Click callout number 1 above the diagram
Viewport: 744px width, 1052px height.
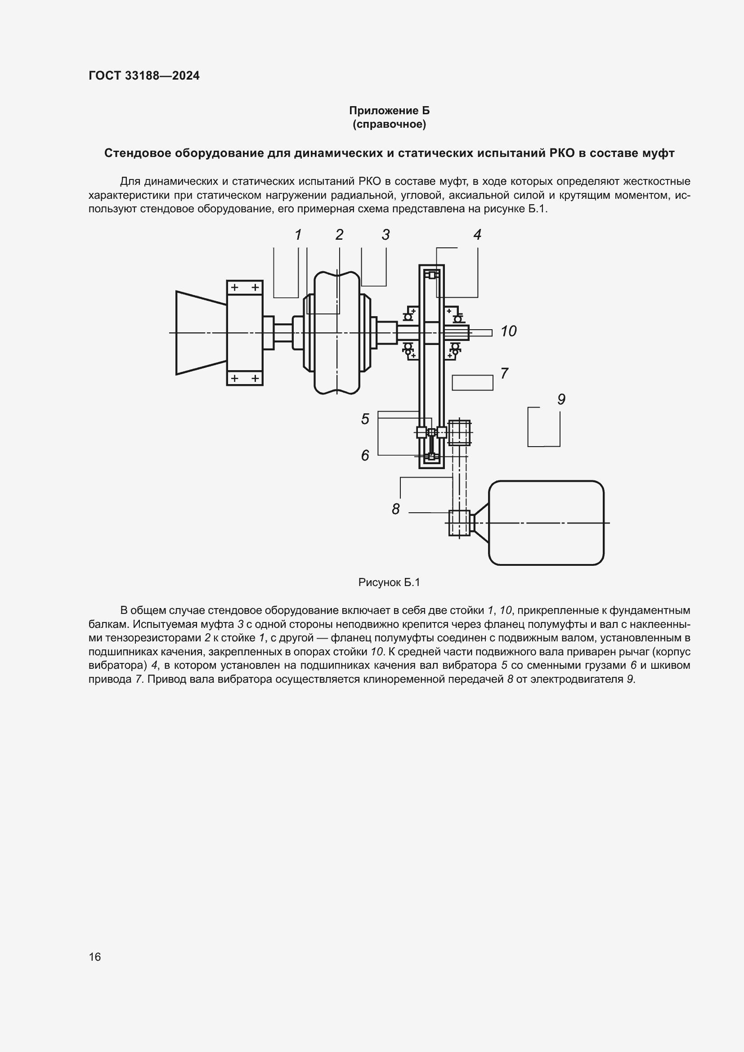298,235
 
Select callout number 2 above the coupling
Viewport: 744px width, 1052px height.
339,235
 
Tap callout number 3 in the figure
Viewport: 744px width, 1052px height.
386,235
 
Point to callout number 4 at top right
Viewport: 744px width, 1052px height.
477,235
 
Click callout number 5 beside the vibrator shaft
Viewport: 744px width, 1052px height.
365,419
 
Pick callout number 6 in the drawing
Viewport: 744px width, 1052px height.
365,456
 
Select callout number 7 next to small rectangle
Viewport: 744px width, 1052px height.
504,373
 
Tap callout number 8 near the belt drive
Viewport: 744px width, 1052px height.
396,509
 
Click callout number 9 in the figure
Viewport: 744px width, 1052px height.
561,399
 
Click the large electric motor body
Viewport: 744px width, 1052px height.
546,523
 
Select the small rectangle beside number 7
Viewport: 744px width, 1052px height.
472,383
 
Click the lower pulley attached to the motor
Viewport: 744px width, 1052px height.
459,523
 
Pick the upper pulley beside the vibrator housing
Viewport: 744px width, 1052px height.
459,433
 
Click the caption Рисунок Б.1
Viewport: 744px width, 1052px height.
389,582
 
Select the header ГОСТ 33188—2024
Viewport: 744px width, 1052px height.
144,76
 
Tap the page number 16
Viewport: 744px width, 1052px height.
95,957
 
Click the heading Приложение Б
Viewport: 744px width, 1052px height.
389,111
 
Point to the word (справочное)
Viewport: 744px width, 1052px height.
389,125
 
